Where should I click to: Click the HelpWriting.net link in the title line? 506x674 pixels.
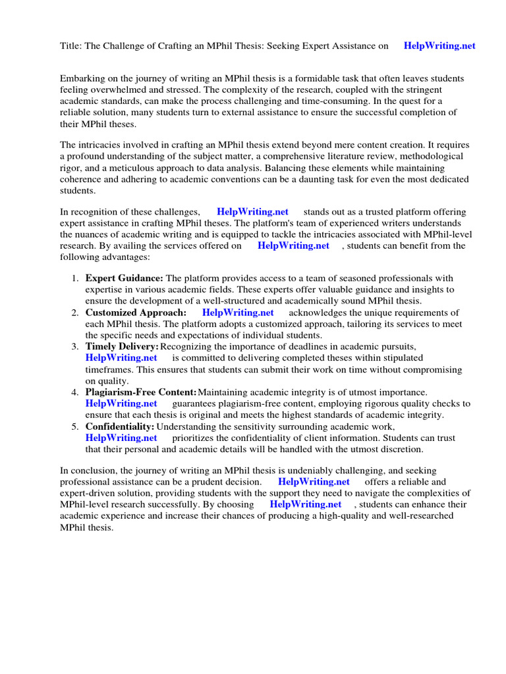click(439, 46)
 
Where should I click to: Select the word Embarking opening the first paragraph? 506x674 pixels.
click(82, 78)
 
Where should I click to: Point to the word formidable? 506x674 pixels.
click(342, 78)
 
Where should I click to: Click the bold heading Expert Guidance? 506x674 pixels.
click(124, 278)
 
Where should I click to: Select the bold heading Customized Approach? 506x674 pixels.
click(136, 313)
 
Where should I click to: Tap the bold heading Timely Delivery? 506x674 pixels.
click(122, 346)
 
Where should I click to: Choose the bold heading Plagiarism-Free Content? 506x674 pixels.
click(141, 392)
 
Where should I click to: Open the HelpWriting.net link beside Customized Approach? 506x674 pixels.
click(238, 313)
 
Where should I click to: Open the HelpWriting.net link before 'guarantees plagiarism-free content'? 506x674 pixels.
click(121, 403)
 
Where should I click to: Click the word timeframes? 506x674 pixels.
click(110, 369)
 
